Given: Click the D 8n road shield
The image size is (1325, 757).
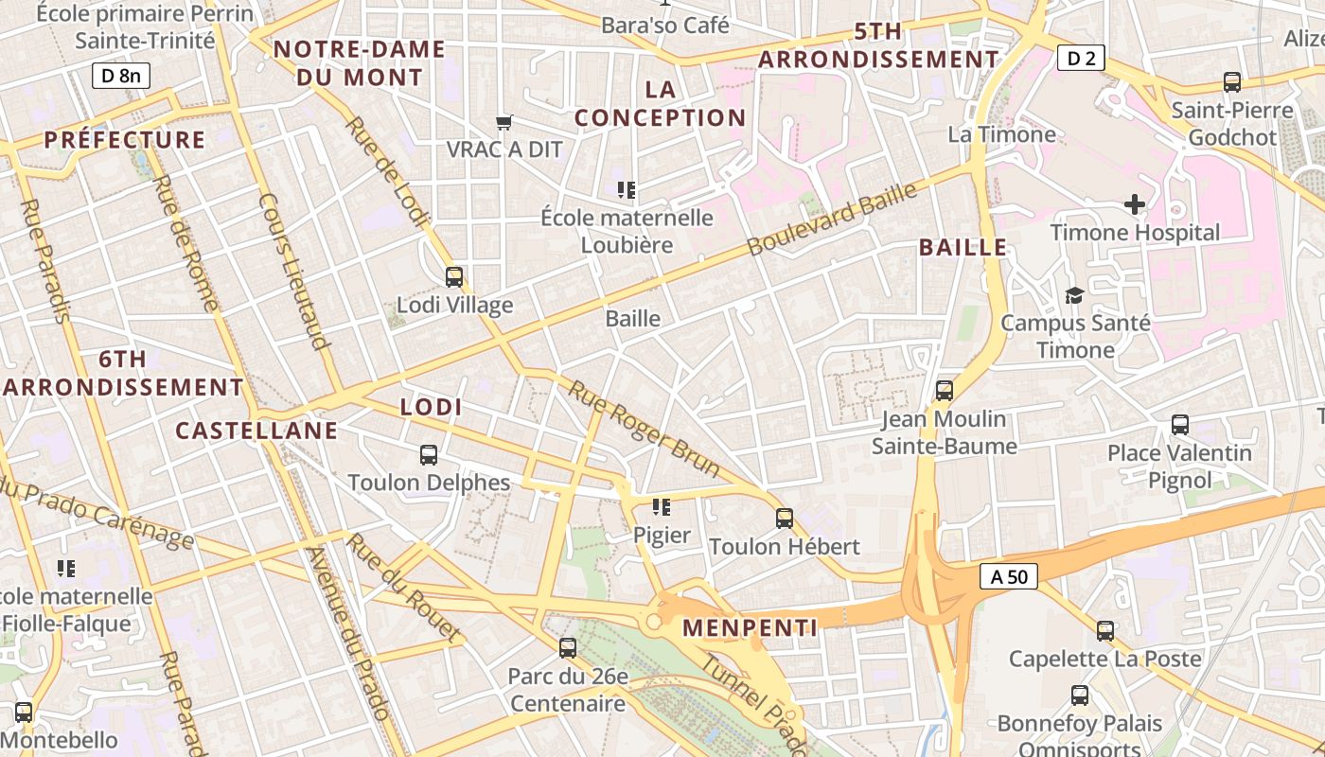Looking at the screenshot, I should pos(121,75).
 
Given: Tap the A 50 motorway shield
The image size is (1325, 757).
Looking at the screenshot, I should pos(1009,575).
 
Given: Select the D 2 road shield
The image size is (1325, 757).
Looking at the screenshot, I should pos(1081,59).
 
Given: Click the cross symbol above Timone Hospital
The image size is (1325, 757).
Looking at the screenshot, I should pos(1134,203).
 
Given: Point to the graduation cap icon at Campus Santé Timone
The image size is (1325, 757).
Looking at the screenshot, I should pos(1074,295).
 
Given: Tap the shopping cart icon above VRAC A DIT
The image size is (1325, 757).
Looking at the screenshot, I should pos(504,122).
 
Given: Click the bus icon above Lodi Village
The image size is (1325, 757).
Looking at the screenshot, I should pos(454,276).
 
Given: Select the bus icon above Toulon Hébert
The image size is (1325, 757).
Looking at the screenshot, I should pos(784,518).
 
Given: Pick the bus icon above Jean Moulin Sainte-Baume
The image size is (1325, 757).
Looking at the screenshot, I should pos(944,390).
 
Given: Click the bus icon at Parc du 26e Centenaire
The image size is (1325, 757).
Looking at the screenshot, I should pos(567,648).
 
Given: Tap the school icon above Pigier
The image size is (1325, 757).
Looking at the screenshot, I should pos(662,507).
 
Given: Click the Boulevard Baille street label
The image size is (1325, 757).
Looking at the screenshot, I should pos(832,219).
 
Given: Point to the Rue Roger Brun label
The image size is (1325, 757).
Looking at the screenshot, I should pos(644,429).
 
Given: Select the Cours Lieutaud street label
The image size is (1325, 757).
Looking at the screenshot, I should pos(292,272).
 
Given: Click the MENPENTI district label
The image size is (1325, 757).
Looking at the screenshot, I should pos(750,627).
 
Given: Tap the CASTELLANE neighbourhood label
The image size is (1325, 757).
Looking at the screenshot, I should pos(256,431).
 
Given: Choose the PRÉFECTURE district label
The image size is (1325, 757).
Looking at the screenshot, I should pos(125,140).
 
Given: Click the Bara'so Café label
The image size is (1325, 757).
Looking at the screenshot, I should pos(666,26).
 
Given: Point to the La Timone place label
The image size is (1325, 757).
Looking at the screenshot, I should pos(1002,134).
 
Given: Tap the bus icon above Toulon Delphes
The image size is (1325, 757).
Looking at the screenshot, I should pos(429,455).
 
